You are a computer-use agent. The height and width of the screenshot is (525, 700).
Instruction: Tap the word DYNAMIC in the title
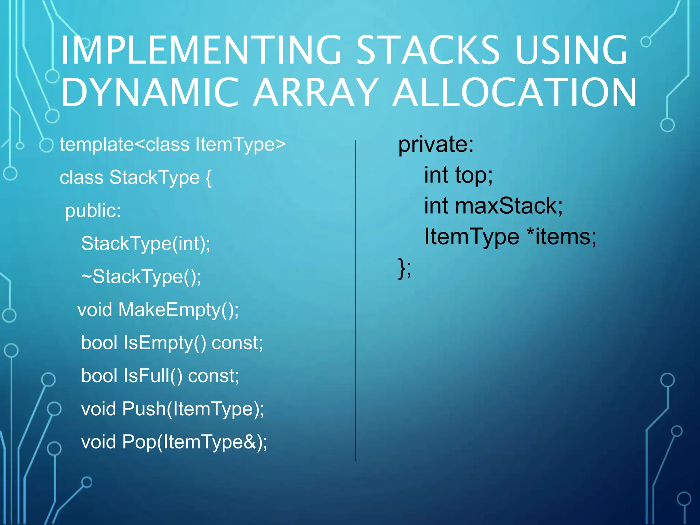[x=149, y=93]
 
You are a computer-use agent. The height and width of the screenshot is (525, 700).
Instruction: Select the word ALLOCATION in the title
[x=515, y=93]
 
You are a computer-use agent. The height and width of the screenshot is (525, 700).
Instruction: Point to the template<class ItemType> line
[x=173, y=145]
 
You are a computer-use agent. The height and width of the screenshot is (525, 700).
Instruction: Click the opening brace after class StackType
[x=208, y=178]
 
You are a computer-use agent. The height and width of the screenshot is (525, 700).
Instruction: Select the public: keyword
[x=93, y=211]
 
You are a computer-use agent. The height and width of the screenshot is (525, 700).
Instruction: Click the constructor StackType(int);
[x=146, y=244]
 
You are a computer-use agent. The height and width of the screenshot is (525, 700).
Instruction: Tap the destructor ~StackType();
[x=141, y=277]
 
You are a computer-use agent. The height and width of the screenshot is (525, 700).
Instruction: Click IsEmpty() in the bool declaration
[x=165, y=343]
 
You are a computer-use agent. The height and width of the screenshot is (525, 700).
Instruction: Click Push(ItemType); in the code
[x=193, y=409]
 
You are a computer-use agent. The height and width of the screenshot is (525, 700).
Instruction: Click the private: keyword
[x=436, y=145]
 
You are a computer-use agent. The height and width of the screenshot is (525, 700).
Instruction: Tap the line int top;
[x=458, y=175]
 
